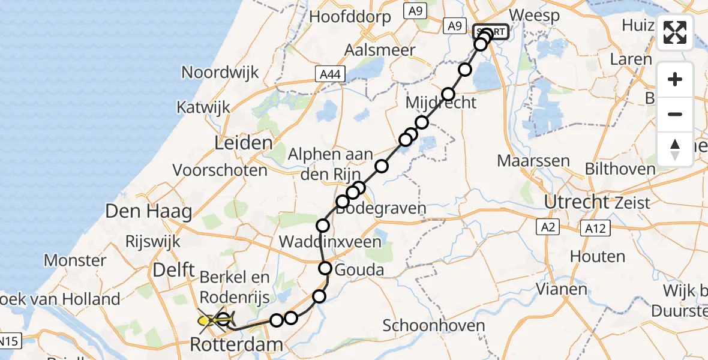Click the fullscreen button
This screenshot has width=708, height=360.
click(x=675, y=32)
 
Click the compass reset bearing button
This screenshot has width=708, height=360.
click(x=675, y=149)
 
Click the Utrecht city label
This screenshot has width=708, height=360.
click(x=576, y=202)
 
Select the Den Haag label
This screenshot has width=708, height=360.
click(x=148, y=211)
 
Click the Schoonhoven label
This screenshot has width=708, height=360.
click(x=433, y=326)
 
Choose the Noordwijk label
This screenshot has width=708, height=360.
click(x=220, y=73)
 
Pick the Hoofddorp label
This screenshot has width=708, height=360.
click(x=350, y=17)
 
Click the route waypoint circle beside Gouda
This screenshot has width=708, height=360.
click(x=325, y=268)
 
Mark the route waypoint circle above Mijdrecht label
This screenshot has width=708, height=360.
click(x=448, y=94)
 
